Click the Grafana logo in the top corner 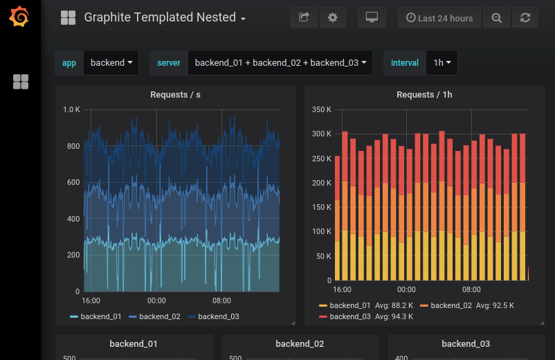pos(19,17)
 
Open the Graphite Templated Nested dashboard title pos(160,17)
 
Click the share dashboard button pos(303,17)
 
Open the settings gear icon pos(333,17)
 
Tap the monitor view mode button pos(372,17)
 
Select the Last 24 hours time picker pos(439,17)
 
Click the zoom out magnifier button pos(496,17)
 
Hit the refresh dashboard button pos(525,17)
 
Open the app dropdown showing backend pos(111,62)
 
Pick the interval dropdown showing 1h pos(442,62)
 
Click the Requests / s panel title pos(175,94)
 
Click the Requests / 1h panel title pos(424,94)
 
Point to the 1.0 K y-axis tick pos(72,109)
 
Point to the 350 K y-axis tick pos(322,109)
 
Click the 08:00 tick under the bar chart pos(471,289)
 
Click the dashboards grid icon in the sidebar pos(21,82)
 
